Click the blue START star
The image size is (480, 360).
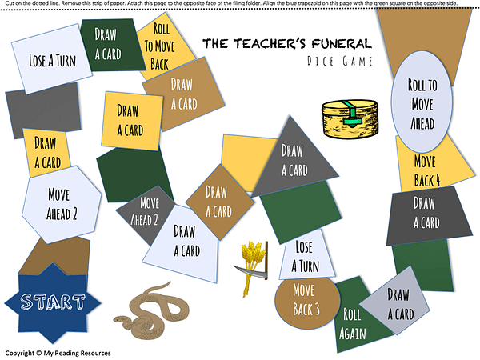46,302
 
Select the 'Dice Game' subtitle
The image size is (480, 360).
338,62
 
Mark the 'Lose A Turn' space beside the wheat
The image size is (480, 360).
303,255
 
